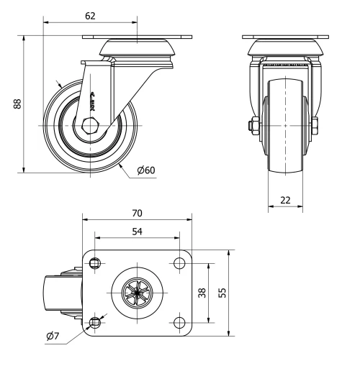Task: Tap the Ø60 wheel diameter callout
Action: [145, 170]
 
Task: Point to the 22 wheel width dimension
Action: [285, 200]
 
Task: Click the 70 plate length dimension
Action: [137, 213]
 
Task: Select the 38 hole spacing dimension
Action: [202, 292]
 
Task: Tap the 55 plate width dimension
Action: [223, 292]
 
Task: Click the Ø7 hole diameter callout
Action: [53, 336]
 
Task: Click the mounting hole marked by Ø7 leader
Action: [95, 320]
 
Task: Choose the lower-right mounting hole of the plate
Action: [178, 320]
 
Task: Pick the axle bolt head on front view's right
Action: [316, 127]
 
